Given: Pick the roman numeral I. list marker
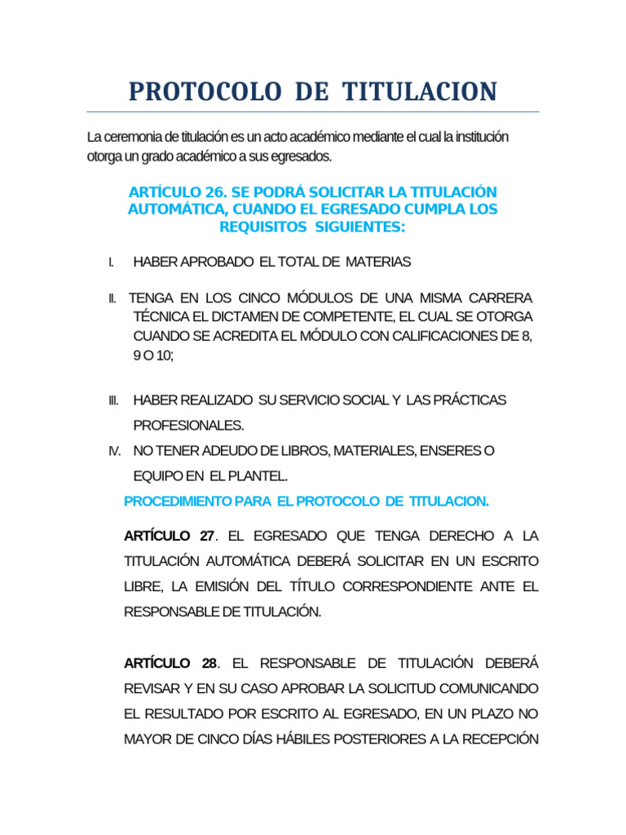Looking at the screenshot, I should (110, 263).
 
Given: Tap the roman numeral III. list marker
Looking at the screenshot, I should (113, 400).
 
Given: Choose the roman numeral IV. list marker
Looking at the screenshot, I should (114, 450).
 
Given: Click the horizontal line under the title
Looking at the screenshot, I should (313, 112).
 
